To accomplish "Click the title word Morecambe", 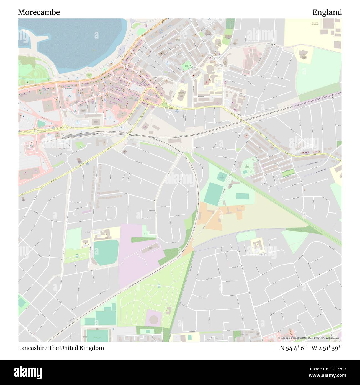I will (39, 12).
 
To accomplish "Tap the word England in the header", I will (327, 12).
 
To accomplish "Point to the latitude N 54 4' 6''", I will (294, 348).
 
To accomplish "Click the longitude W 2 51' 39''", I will (326, 348).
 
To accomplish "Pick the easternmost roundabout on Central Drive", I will (65, 128).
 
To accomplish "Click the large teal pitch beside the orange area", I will (213, 194).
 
